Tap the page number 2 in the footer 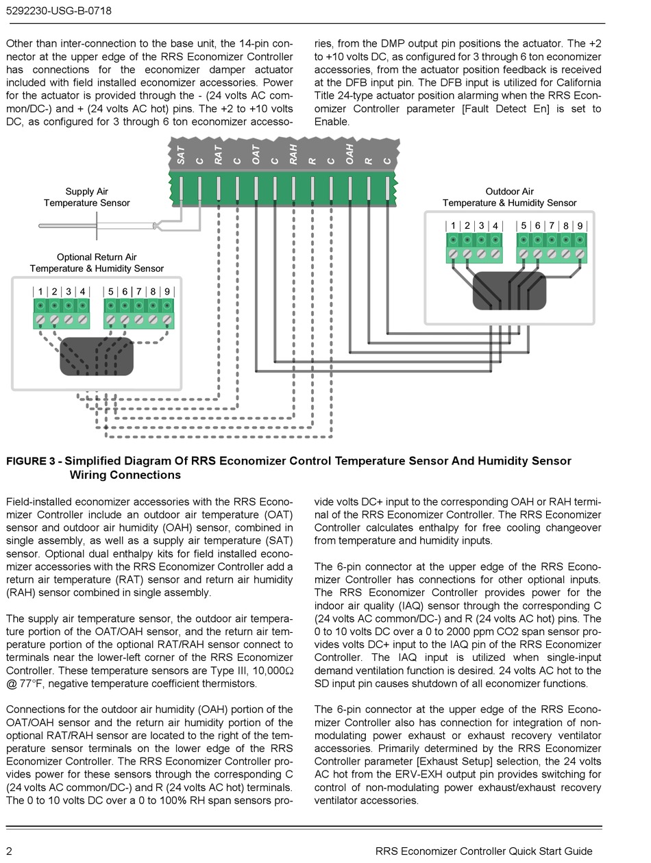tap(9, 851)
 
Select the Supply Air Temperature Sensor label tap(86, 197)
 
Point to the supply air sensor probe tap(96, 225)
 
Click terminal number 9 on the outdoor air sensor tap(580, 226)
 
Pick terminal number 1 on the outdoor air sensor tap(453, 226)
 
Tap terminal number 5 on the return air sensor tap(110, 292)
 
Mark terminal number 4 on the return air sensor tap(82, 292)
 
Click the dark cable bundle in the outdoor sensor tap(509, 290)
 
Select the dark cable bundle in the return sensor tap(97, 356)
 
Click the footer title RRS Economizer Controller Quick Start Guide tap(484, 851)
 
